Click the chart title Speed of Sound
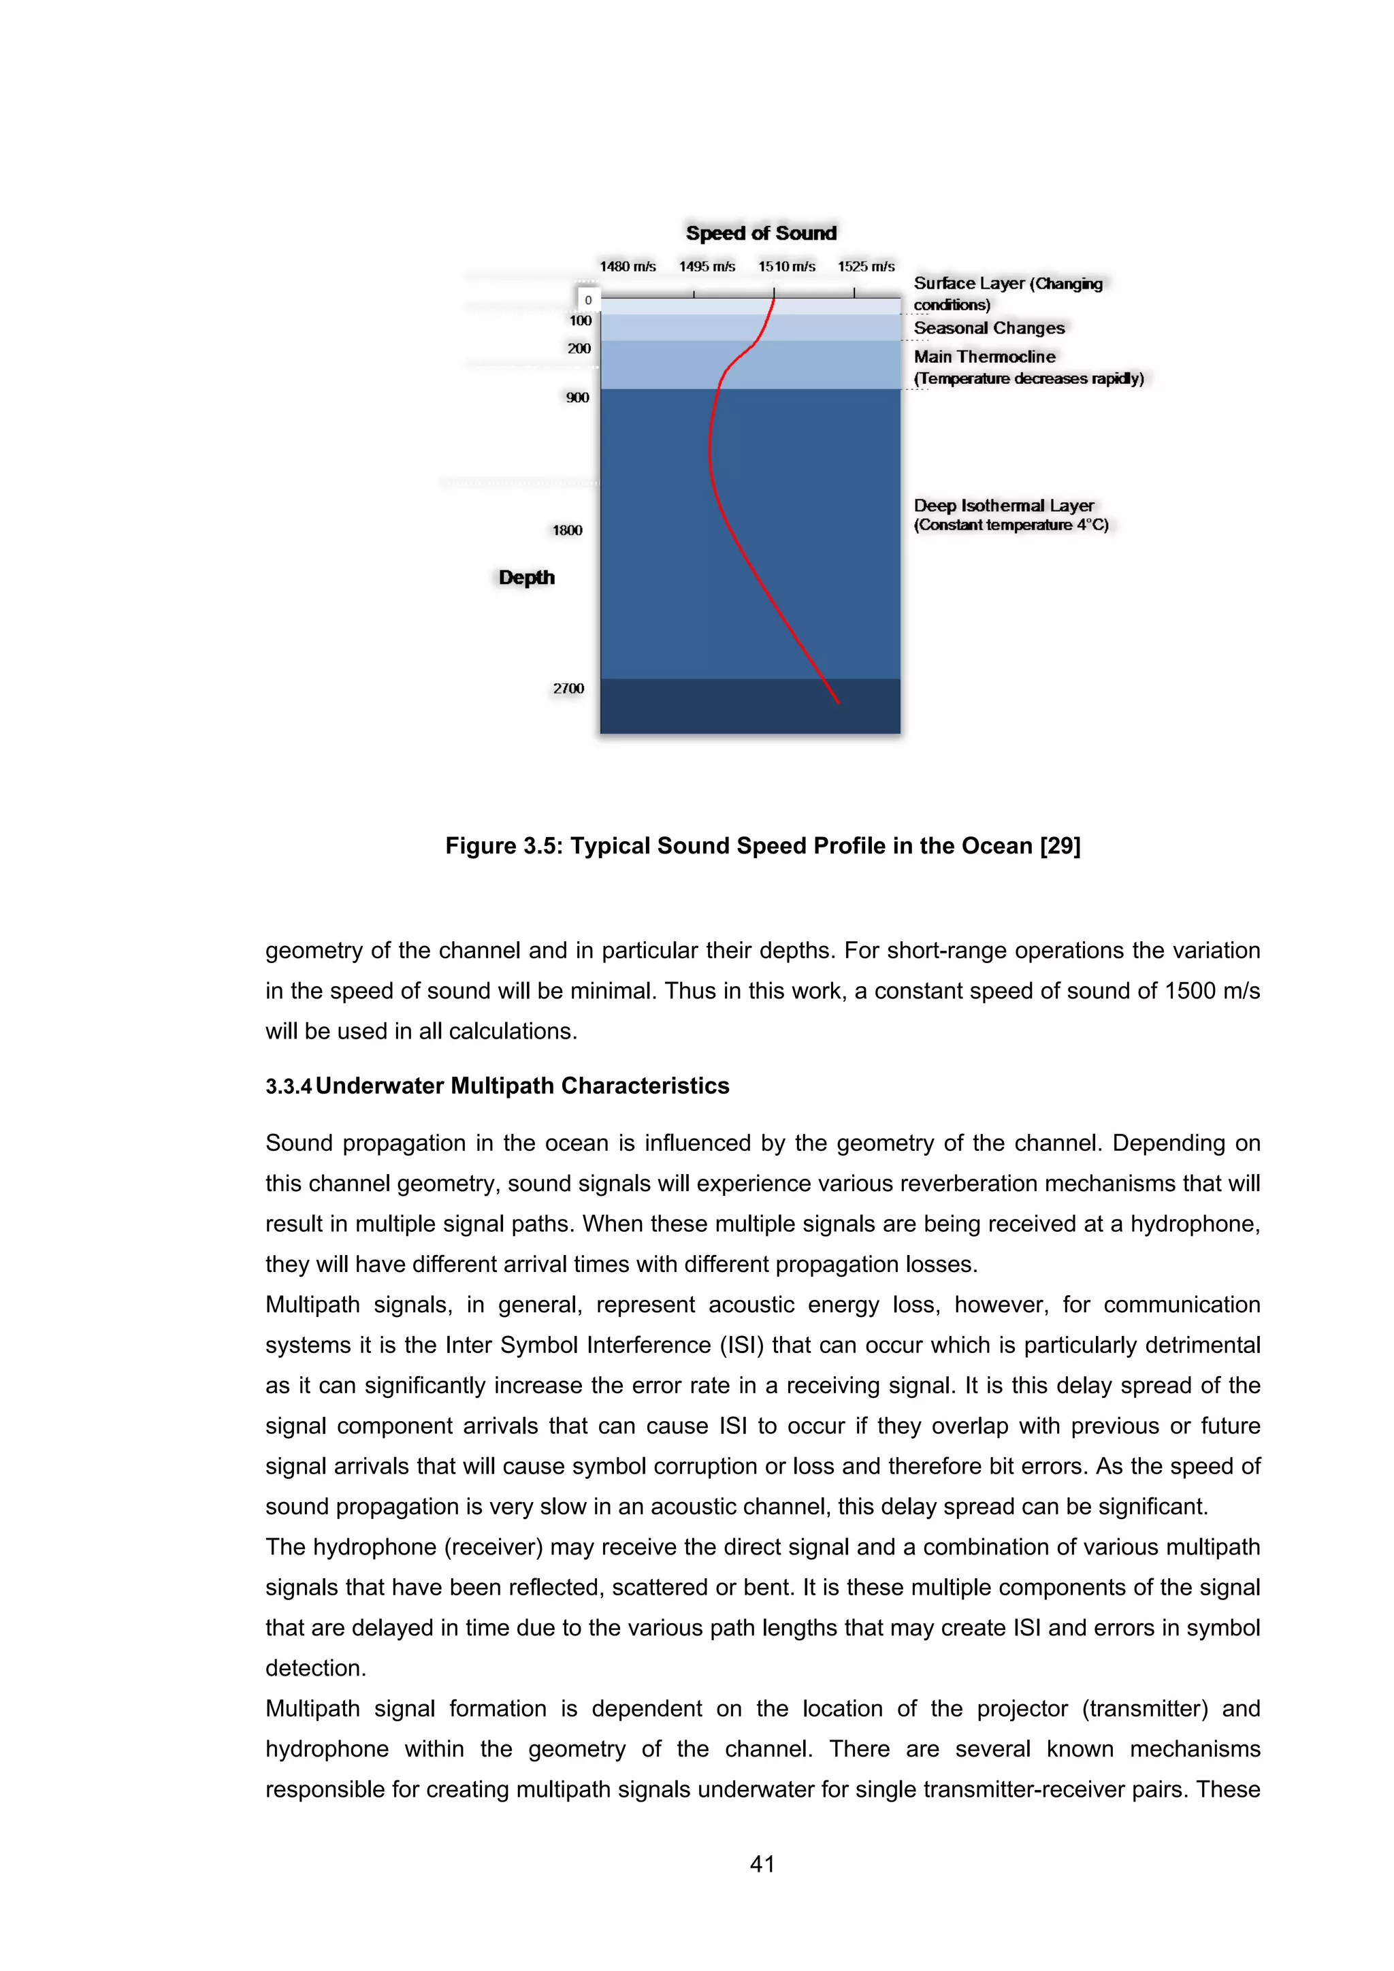[x=760, y=233]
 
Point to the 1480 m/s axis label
[x=628, y=267]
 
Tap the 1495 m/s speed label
[x=707, y=267]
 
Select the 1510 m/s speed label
[x=786, y=267]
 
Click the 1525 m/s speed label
[x=866, y=267]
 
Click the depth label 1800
[x=568, y=530]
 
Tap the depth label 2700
[x=568, y=689]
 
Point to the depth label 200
[x=579, y=348]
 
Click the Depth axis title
[x=526, y=578]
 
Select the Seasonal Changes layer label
[x=989, y=328]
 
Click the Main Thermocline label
[x=984, y=356]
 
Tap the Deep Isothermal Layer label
[x=1003, y=506]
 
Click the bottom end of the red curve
[x=838, y=702]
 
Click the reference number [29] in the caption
[x=1060, y=847]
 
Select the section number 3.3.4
[x=289, y=1087]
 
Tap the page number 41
[x=762, y=1863]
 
